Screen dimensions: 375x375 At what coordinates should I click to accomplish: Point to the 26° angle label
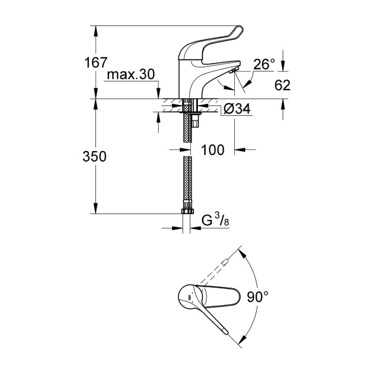pos(264,65)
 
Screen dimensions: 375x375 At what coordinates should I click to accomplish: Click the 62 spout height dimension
pos(282,85)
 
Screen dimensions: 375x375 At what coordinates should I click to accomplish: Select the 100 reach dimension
pos(212,150)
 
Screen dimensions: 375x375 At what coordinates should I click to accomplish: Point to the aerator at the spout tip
pos(231,70)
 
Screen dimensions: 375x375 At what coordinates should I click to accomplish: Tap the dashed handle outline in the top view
pos(220,269)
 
